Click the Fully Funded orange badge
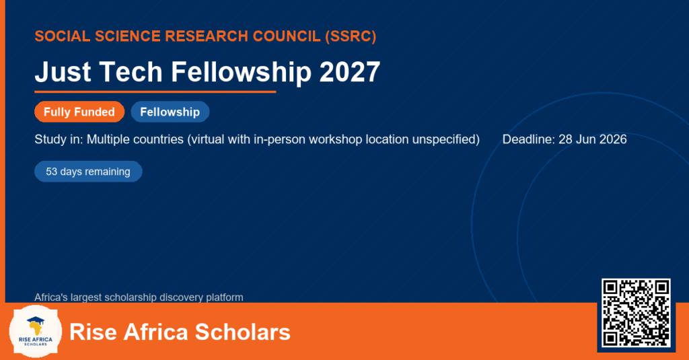[x=79, y=112]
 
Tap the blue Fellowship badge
[x=170, y=112]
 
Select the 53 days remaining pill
[x=88, y=172]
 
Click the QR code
[x=636, y=312]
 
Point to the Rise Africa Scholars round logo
[x=36, y=332]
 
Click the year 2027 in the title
[x=349, y=71]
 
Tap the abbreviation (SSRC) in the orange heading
[x=351, y=36]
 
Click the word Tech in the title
[x=131, y=71]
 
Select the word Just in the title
[x=63, y=71]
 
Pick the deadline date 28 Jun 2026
[x=592, y=139]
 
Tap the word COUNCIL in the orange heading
[x=287, y=36]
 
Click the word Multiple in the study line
[x=108, y=139]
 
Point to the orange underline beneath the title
[x=155, y=92]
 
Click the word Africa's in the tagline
[x=51, y=297]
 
